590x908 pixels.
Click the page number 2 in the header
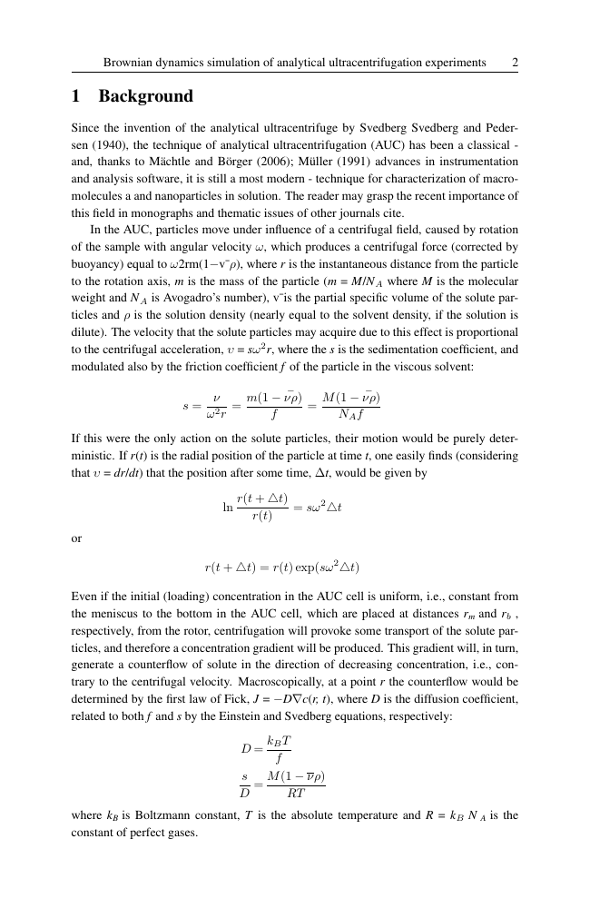tap(515, 63)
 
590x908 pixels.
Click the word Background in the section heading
tap(146, 96)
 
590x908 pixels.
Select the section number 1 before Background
tap(77, 96)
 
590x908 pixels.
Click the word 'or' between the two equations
tap(76, 538)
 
